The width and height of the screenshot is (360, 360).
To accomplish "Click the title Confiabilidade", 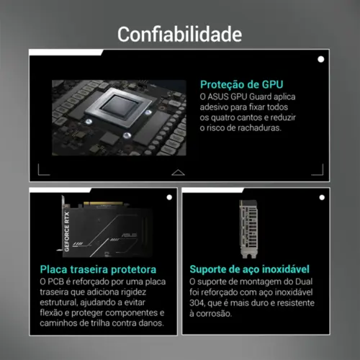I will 180,34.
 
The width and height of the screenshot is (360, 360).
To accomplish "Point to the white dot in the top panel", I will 320,60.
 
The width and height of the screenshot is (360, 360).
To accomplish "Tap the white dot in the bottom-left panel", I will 168,197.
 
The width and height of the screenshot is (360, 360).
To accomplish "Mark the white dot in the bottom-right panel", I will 320,197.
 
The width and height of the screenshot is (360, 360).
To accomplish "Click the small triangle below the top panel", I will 179,173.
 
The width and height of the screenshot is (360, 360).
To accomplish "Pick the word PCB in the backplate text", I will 64,282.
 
